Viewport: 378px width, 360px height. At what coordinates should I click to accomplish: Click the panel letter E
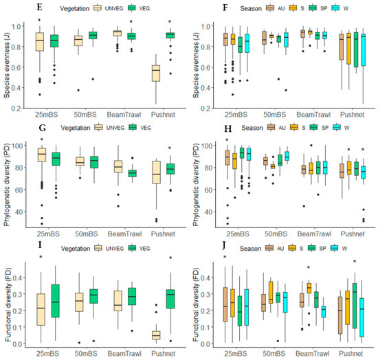click(40, 8)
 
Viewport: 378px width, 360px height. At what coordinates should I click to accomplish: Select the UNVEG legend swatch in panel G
click(98, 127)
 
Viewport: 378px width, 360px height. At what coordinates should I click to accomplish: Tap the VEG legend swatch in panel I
click(133, 248)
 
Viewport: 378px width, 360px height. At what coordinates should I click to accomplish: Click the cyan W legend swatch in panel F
click(335, 8)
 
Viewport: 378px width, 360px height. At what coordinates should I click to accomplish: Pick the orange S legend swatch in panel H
click(294, 127)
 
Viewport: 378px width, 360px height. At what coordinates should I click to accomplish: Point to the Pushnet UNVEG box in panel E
click(156, 74)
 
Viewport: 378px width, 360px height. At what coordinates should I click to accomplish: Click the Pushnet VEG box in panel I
click(170, 299)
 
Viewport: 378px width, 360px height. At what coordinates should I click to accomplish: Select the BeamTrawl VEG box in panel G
click(132, 173)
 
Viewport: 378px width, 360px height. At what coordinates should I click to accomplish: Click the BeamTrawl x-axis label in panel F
click(313, 115)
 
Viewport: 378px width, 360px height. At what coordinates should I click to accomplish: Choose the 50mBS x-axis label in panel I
click(86, 354)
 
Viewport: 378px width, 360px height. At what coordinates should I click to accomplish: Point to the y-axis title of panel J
click(197, 304)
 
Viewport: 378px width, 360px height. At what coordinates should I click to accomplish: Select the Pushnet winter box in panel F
click(364, 50)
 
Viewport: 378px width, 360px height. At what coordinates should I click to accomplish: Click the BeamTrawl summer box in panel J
click(309, 288)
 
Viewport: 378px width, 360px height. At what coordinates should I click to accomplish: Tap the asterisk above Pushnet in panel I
click(170, 258)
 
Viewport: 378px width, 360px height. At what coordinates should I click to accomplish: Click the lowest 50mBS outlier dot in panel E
click(78, 90)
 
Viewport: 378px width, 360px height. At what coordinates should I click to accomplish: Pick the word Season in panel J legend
click(250, 249)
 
